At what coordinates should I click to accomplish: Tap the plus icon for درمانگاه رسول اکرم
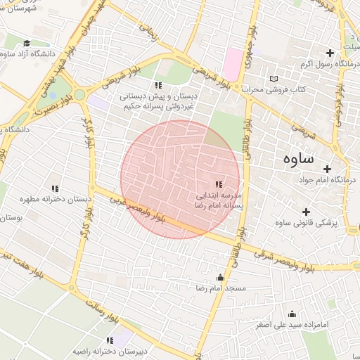(x=329, y=53)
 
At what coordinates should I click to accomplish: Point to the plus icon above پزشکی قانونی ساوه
(x=305, y=212)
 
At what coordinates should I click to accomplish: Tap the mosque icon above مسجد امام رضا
(x=221, y=277)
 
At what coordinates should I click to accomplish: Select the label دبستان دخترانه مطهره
(x=54, y=199)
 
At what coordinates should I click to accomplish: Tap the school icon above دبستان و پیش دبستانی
(x=157, y=85)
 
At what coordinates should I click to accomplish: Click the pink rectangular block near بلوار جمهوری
(x=233, y=64)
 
